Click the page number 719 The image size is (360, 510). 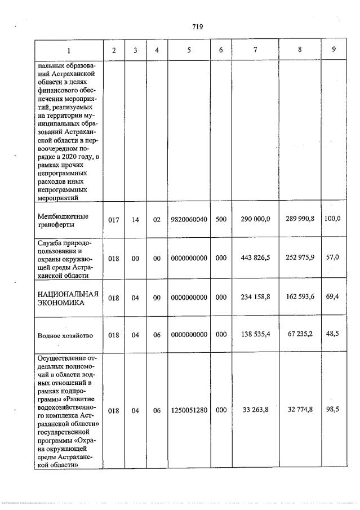pos(197,26)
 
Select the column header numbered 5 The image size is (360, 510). pos(189,50)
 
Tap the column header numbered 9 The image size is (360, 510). pos(334,50)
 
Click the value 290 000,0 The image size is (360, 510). pos(256,219)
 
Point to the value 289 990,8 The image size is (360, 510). pos(299,218)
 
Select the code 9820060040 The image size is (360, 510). pos(189,219)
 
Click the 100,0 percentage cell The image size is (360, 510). pos(333,218)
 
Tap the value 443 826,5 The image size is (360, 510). pos(256,258)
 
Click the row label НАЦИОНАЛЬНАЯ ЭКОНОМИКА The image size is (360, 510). pos(68,298)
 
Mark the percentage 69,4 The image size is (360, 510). pos(333,296)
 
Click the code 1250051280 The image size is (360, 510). pos(189,411)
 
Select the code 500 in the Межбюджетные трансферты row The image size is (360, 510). pos(221,219)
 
